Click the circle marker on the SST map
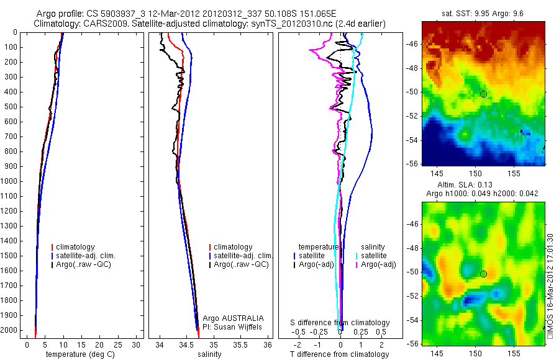[x=483, y=94]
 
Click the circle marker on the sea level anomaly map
[x=483, y=274]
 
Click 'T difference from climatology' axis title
[x=339, y=354]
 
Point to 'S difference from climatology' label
[x=340, y=323]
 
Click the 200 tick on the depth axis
[x=12, y=62]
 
